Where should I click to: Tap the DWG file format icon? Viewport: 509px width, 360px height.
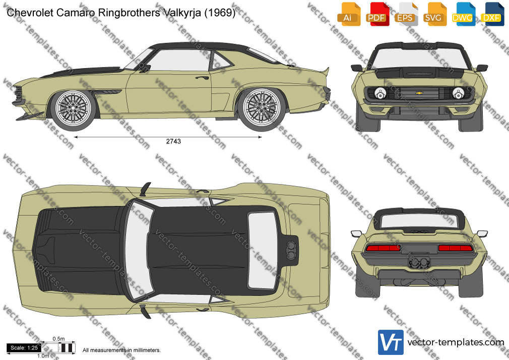(x=462, y=14)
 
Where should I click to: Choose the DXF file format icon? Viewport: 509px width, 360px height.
(x=491, y=14)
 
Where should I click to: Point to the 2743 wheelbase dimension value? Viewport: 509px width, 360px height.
(x=173, y=141)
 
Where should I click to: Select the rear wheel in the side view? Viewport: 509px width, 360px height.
(x=262, y=108)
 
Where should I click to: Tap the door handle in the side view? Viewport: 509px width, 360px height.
(x=202, y=78)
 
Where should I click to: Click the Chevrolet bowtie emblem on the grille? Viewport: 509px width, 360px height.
(x=419, y=93)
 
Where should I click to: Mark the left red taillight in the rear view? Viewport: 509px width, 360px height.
(x=383, y=248)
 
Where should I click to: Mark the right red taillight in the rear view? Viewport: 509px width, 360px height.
(x=456, y=248)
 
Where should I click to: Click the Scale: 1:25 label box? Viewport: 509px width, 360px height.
(x=24, y=348)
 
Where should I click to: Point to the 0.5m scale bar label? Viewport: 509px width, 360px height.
(x=59, y=339)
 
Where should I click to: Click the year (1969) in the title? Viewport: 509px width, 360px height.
(x=220, y=13)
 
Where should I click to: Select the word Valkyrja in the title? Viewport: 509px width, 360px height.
(x=182, y=13)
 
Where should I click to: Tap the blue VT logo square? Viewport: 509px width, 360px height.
(x=391, y=342)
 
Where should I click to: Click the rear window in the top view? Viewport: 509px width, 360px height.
(x=263, y=251)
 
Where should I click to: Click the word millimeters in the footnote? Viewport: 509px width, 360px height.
(x=147, y=350)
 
